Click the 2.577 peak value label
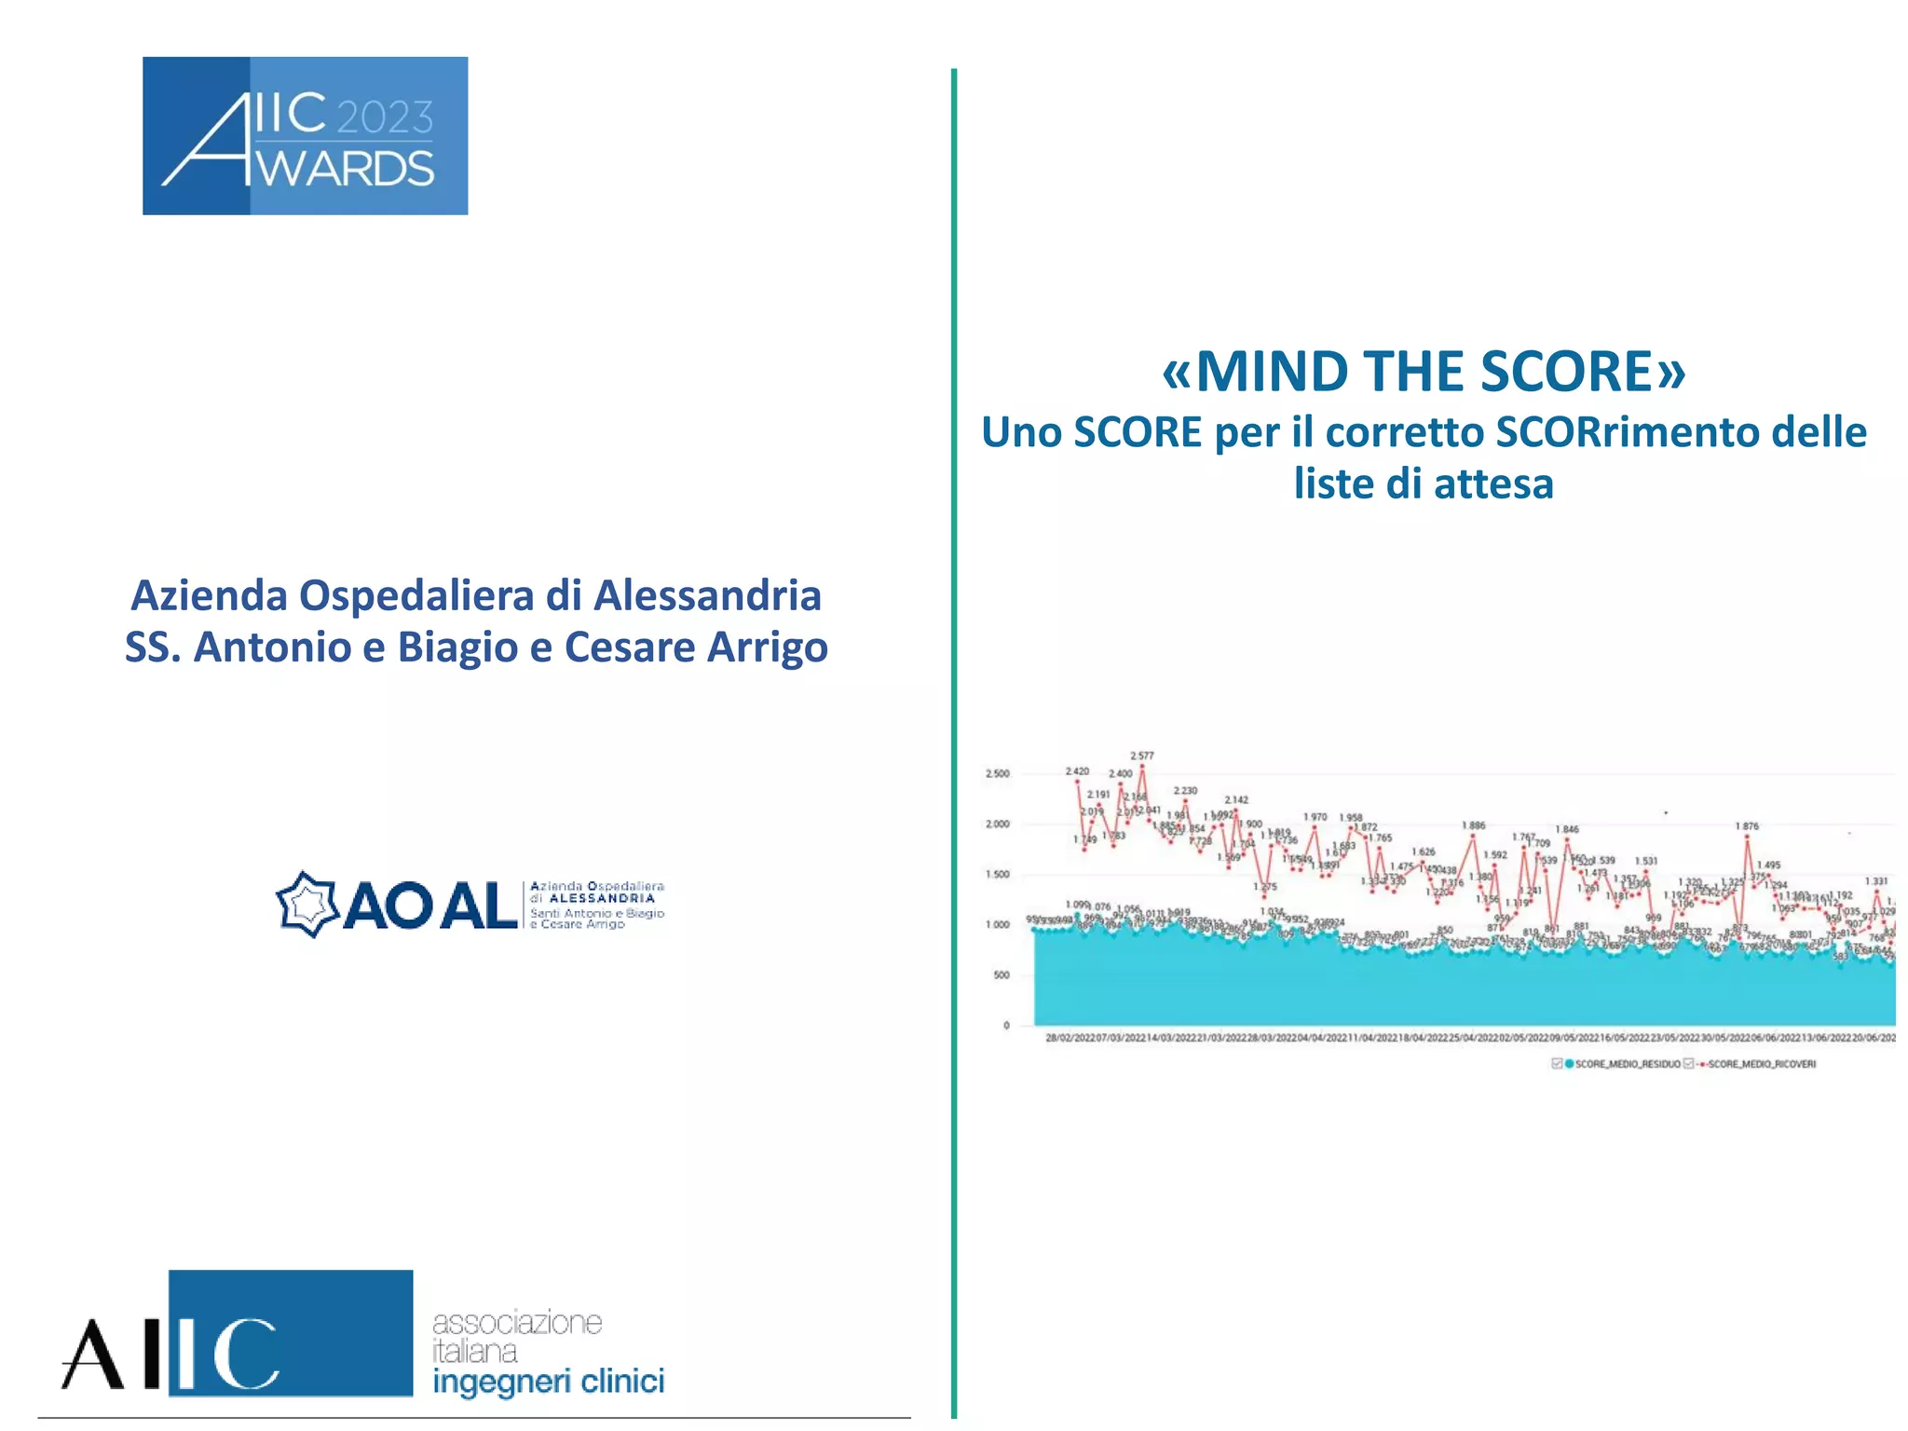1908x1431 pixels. point(1141,756)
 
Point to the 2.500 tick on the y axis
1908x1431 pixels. point(997,773)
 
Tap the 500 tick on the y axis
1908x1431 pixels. point(1001,974)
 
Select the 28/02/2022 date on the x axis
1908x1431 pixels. point(1070,1037)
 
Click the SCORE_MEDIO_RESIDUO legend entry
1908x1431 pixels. point(1627,1064)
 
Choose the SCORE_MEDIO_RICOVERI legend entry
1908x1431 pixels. point(1761,1064)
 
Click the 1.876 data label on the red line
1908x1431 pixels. point(1747,826)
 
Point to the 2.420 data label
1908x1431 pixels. point(1077,771)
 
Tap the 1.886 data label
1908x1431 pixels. point(1474,825)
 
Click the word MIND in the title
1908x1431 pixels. point(1273,372)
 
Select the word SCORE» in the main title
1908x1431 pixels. point(1583,372)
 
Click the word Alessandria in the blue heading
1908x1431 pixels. point(707,595)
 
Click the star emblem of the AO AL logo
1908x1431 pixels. point(307,904)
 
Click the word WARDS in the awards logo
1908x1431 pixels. point(346,170)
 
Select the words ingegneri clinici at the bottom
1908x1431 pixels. point(548,1381)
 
